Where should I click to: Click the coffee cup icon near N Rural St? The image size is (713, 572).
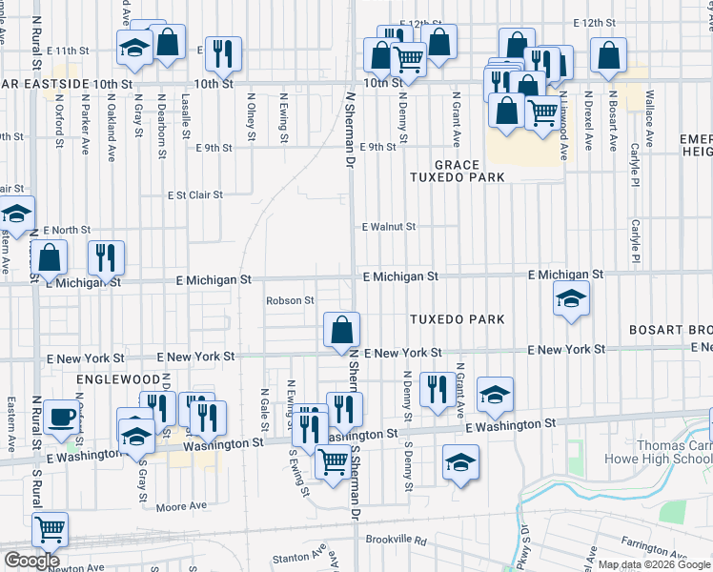pyautogui.click(x=63, y=418)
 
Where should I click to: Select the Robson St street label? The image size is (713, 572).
pyautogui.click(x=290, y=300)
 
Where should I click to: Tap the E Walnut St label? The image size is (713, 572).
pyautogui.click(x=388, y=227)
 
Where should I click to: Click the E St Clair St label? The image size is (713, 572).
pyautogui.click(x=194, y=194)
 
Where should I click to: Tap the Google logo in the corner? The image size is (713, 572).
pyautogui.click(x=32, y=561)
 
